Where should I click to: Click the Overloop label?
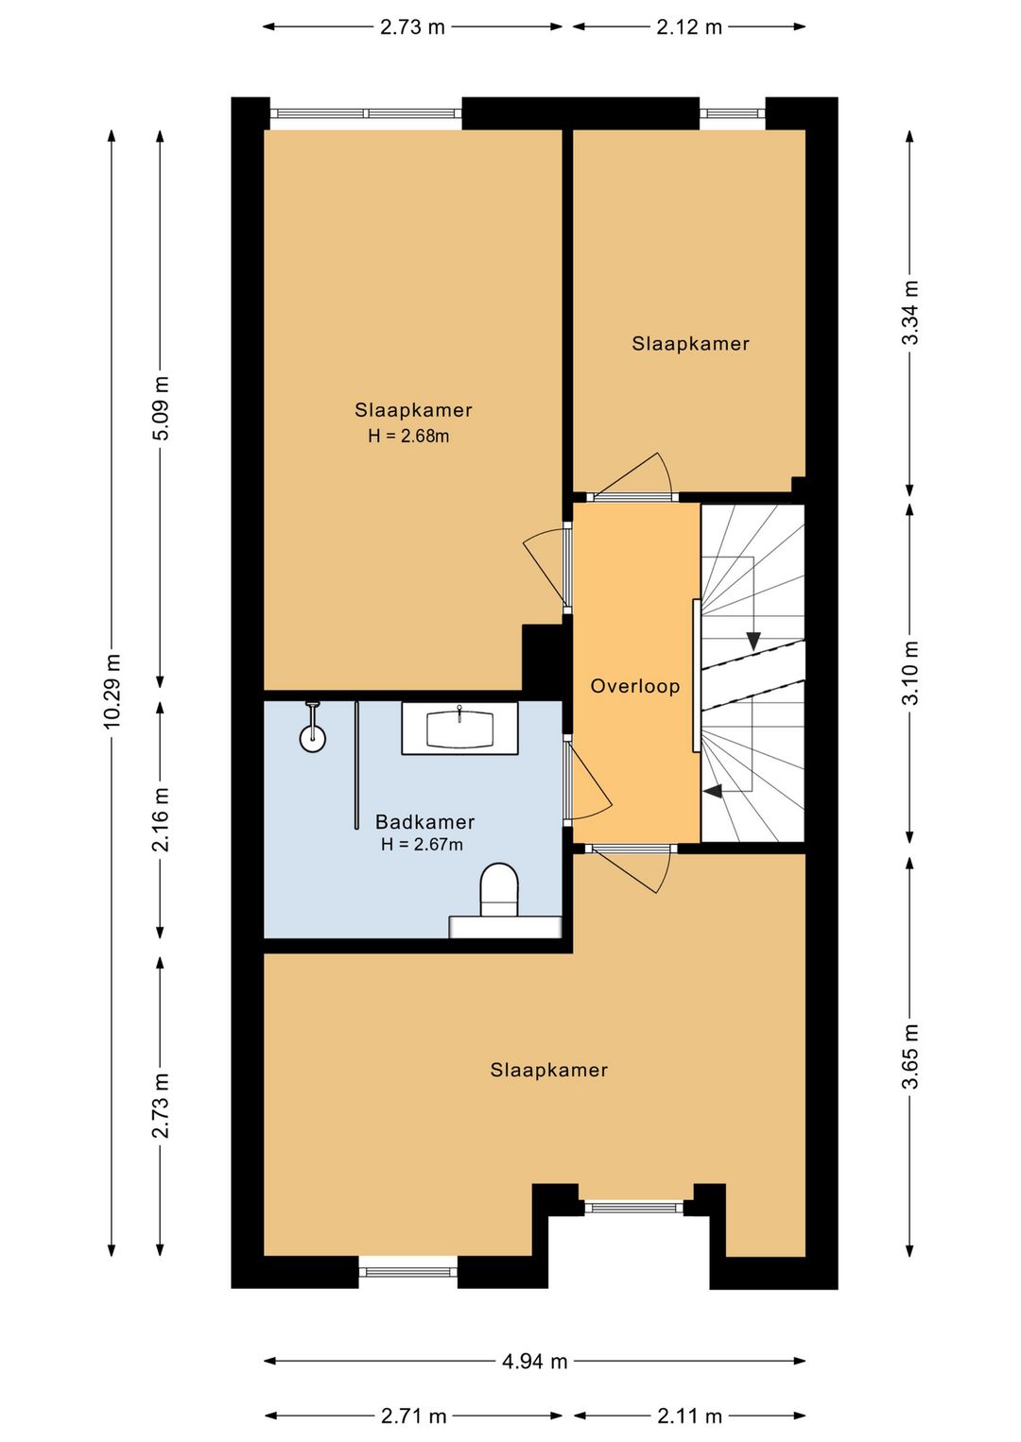[x=634, y=686]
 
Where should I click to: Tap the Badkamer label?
[x=424, y=822]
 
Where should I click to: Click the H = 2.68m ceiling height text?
[x=408, y=436]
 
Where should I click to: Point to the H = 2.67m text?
[x=422, y=844]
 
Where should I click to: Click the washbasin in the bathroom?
[x=460, y=728]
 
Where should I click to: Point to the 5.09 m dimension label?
[x=161, y=408]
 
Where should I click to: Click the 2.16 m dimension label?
[x=161, y=819]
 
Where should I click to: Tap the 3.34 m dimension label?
[x=909, y=313]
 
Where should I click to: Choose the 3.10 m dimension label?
[x=909, y=673]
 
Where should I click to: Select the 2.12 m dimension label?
[x=689, y=27]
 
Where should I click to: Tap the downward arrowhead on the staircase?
[x=753, y=642]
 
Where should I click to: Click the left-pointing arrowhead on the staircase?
[x=713, y=791]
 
